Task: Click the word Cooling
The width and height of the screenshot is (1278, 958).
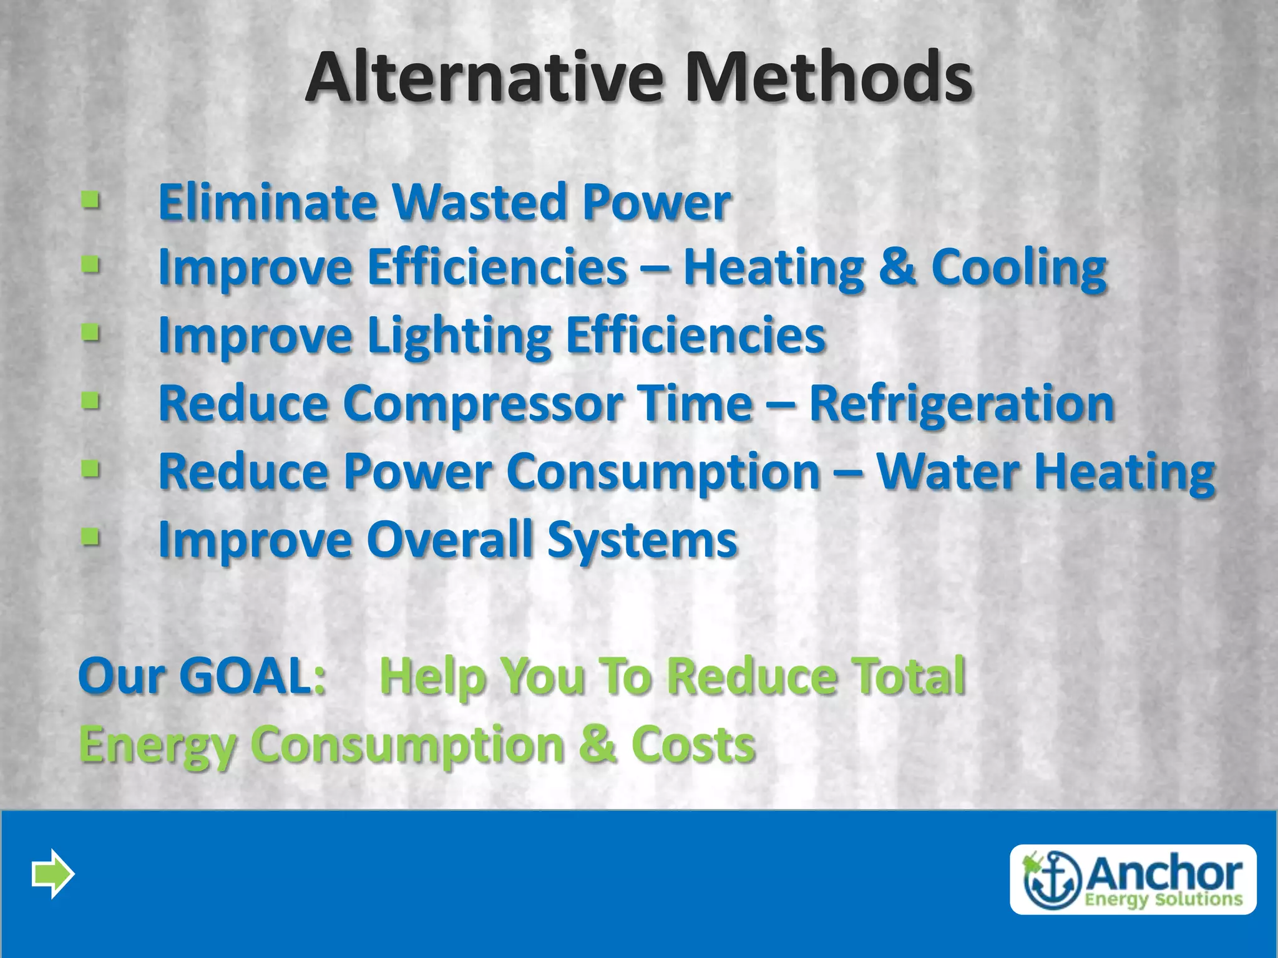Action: [x=1019, y=268]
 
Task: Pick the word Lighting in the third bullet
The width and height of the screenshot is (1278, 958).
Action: [x=459, y=337]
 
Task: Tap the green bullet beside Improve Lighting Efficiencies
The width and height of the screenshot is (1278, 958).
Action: [x=91, y=333]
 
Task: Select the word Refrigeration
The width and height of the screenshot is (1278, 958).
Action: [x=962, y=404]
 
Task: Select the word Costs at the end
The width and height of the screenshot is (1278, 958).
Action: [x=693, y=745]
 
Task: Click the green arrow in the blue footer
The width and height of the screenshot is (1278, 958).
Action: [x=53, y=874]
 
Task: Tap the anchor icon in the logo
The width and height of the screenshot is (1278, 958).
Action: [x=1052, y=880]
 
